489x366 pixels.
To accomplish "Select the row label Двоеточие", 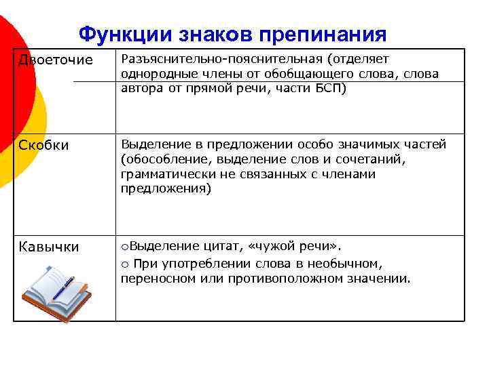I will [56, 60].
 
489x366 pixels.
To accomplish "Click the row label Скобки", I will [43, 146].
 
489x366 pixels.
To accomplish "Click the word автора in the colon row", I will [141, 88].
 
